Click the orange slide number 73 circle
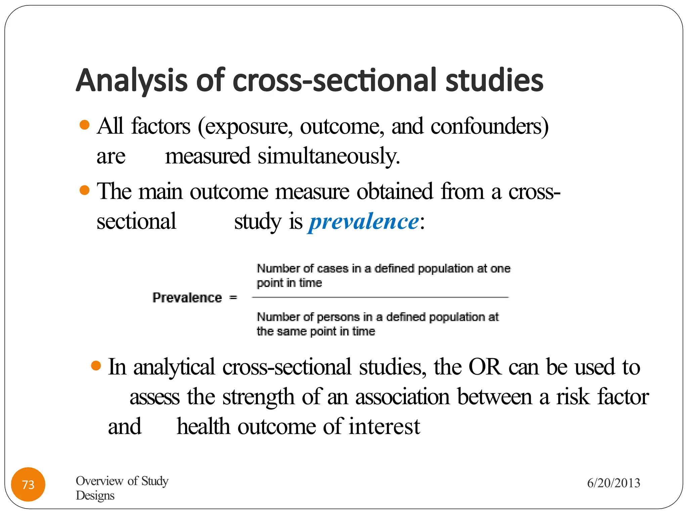[x=28, y=484]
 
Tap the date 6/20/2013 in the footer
[x=613, y=483]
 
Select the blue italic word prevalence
[x=364, y=222]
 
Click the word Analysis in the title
[x=131, y=81]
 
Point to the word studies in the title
[x=494, y=81]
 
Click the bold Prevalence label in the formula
[x=187, y=298]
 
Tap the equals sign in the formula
[x=233, y=298]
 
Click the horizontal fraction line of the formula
[x=380, y=297]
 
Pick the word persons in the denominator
[x=338, y=317]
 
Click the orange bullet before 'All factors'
[x=85, y=125]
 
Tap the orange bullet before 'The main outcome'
[x=85, y=190]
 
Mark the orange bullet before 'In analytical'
[x=96, y=365]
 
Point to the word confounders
[x=489, y=127]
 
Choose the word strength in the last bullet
[x=258, y=397]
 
